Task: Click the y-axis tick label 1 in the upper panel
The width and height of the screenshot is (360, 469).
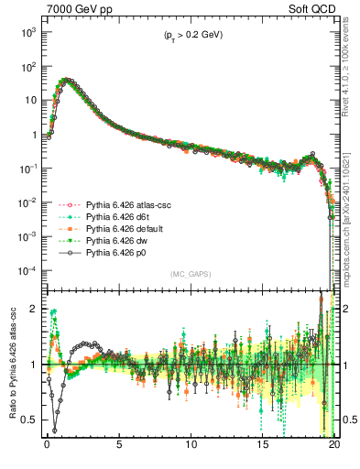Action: (x=34, y=135)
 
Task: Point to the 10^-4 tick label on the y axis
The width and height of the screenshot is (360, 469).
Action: (x=27, y=271)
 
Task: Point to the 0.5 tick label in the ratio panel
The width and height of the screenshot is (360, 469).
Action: (x=29, y=420)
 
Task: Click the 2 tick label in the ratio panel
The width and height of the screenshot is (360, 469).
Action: (x=34, y=310)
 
